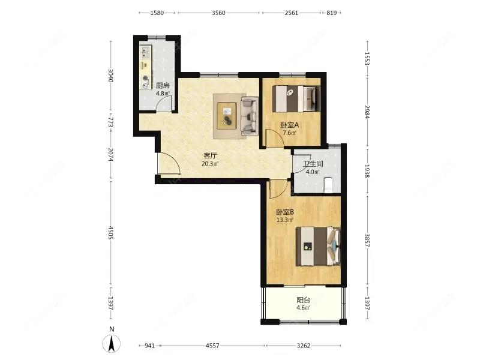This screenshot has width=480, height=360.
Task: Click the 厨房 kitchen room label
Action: tap(163, 85)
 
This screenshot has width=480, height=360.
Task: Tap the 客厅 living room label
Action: tap(211, 155)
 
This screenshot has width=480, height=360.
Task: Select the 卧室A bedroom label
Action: tap(290, 125)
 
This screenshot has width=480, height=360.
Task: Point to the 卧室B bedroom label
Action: tap(285, 212)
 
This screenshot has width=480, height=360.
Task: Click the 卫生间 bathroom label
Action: tap(313, 164)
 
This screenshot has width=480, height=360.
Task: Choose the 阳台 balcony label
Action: tap(303, 300)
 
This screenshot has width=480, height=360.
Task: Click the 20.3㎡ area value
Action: tap(210, 164)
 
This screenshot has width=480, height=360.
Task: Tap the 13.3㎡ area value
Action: tap(284, 220)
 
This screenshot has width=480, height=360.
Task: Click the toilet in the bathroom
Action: tap(328, 185)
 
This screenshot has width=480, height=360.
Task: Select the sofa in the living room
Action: tap(249, 116)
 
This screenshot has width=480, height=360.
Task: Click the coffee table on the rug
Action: tap(227, 116)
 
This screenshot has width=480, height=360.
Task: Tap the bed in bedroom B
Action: tap(318, 246)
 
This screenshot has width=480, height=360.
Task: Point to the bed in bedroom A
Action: tap(296, 98)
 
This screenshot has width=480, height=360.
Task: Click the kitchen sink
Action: tap(145, 53)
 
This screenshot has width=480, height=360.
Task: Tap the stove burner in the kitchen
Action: tap(145, 78)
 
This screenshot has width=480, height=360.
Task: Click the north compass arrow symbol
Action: tap(112, 343)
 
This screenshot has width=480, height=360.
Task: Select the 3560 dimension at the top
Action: tap(218, 13)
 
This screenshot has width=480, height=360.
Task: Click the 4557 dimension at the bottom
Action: tap(212, 346)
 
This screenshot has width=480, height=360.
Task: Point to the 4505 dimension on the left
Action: tap(111, 233)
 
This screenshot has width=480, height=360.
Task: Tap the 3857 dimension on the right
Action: tap(367, 241)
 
